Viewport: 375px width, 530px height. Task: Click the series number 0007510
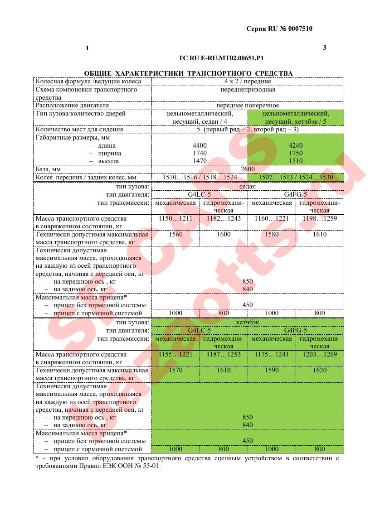point(298,29)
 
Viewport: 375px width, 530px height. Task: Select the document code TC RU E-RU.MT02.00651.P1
point(221,58)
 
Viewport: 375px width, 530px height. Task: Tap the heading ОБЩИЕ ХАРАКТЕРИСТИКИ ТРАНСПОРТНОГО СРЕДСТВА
point(188,73)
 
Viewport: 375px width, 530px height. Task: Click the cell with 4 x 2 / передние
point(247,82)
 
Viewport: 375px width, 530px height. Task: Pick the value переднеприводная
point(247,90)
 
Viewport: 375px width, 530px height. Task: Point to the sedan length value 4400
point(200,145)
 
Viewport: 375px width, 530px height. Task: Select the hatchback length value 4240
point(296,145)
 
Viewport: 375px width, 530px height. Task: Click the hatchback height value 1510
point(296,161)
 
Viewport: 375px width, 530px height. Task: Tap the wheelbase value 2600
point(248,169)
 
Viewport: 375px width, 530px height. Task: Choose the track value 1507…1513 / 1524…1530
point(296,177)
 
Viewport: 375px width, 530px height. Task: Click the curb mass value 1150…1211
point(175,219)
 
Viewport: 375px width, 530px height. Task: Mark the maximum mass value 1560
point(175,235)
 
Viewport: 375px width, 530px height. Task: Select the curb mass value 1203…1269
point(320,354)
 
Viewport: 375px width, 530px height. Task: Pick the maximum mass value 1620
point(320,370)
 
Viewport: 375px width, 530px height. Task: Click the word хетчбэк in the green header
point(247,323)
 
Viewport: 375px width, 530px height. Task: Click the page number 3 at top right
point(324,48)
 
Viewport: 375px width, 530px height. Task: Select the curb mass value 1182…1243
point(224,219)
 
